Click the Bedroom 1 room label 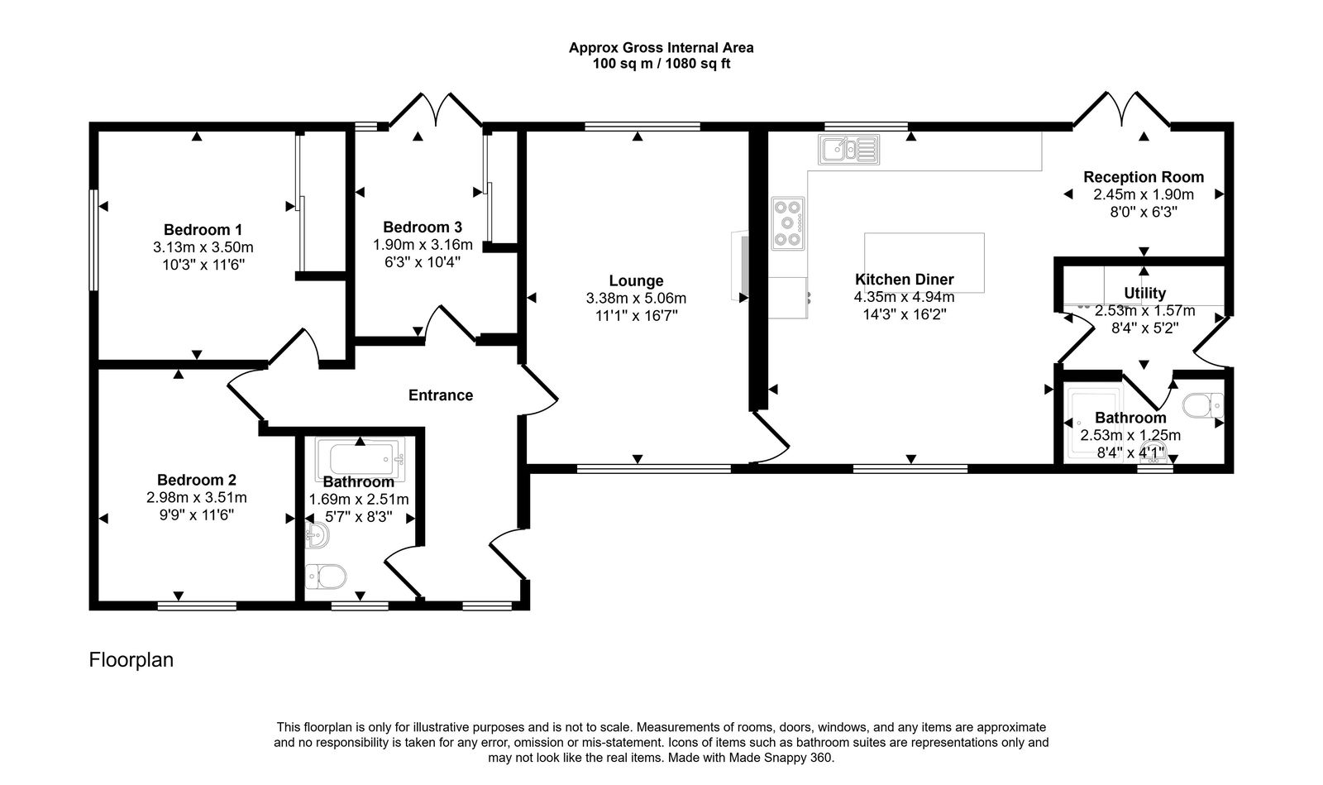click(x=203, y=230)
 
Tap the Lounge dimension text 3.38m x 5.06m click(x=636, y=299)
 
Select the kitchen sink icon click(x=848, y=150)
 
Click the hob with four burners click(x=787, y=223)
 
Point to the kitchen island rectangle click(x=924, y=263)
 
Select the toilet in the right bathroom click(x=1203, y=406)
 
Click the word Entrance click(x=441, y=395)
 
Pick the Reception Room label click(x=1144, y=177)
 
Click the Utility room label click(x=1145, y=293)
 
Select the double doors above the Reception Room click(x=1122, y=110)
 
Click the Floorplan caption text click(x=131, y=660)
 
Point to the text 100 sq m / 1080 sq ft click(x=661, y=64)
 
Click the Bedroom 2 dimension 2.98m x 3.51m click(x=197, y=498)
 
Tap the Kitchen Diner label click(x=904, y=280)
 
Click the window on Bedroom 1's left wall click(x=94, y=240)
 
